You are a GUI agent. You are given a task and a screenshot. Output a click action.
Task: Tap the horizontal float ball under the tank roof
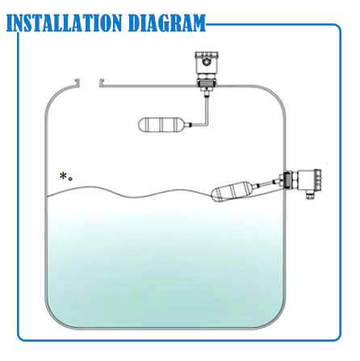point(164,127)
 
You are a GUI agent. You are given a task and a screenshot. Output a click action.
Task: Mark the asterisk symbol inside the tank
point(63,175)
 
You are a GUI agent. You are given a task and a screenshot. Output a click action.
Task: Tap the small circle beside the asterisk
point(71,178)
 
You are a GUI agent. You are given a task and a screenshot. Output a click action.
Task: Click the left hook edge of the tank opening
point(76,82)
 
